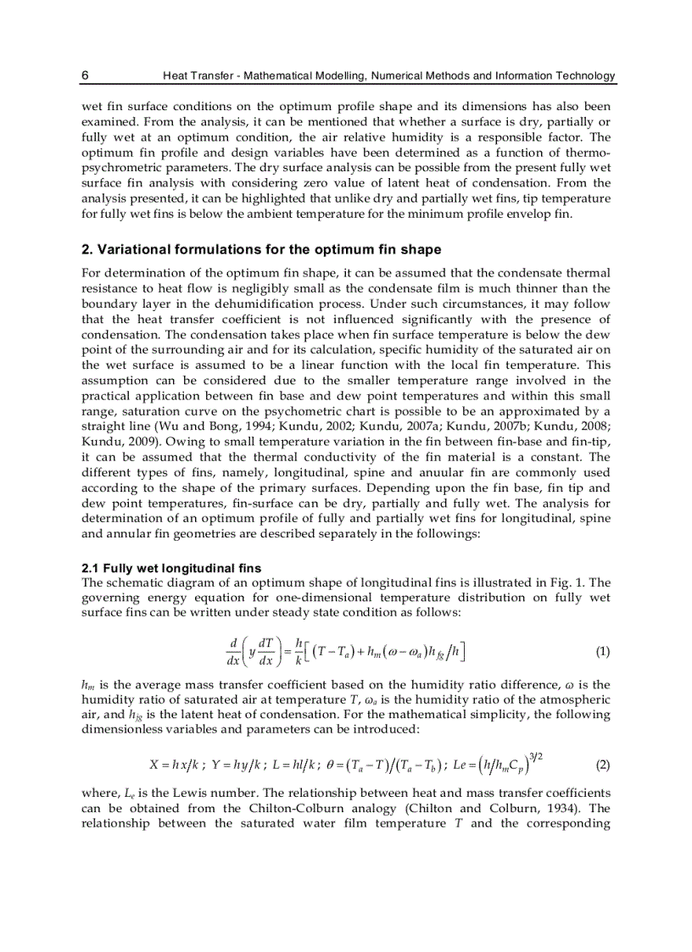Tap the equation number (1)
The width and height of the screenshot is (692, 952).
[x=602, y=652]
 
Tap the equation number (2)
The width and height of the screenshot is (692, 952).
[x=602, y=765]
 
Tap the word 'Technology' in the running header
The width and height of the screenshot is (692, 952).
[x=582, y=75]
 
